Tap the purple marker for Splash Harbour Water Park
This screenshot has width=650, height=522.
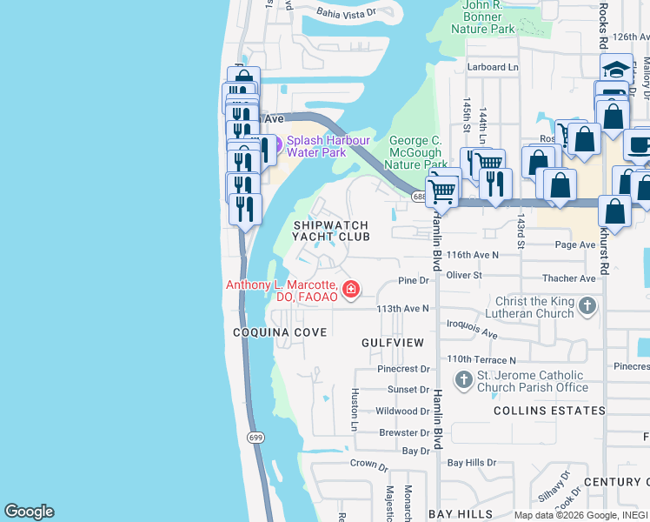coord(265,147)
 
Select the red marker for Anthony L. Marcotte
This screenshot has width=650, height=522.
coord(351,289)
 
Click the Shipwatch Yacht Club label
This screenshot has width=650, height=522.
coord(330,231)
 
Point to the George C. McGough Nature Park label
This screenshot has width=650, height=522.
coord(416,152)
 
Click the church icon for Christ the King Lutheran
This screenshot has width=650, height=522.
coord(588,305)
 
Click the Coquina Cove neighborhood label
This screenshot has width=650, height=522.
coord(280,332)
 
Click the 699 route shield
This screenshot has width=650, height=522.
coord(255,436)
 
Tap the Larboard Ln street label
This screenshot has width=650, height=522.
coord(492,67)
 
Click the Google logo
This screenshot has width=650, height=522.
coord(29,512)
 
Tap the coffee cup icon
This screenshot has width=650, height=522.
coord(640,145)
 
